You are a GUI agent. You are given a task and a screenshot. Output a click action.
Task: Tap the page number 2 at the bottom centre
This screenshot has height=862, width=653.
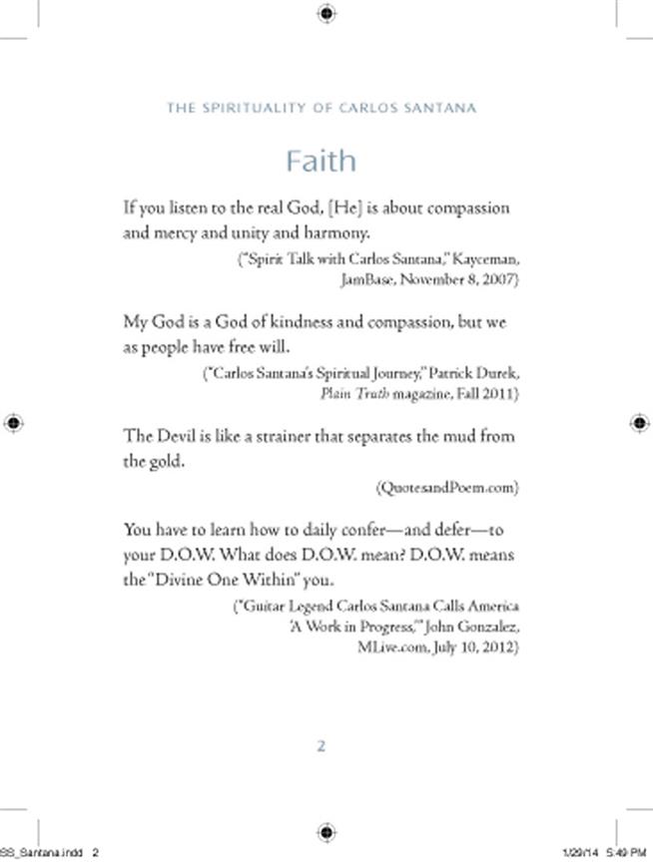322,746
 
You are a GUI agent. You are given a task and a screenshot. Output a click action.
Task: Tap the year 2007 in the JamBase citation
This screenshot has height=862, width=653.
499,279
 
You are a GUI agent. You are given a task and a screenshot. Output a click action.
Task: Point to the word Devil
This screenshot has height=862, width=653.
180,436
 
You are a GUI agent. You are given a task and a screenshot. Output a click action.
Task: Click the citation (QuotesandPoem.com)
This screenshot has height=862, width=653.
448,487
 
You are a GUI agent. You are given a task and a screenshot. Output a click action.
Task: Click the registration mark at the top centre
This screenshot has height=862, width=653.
326,13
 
